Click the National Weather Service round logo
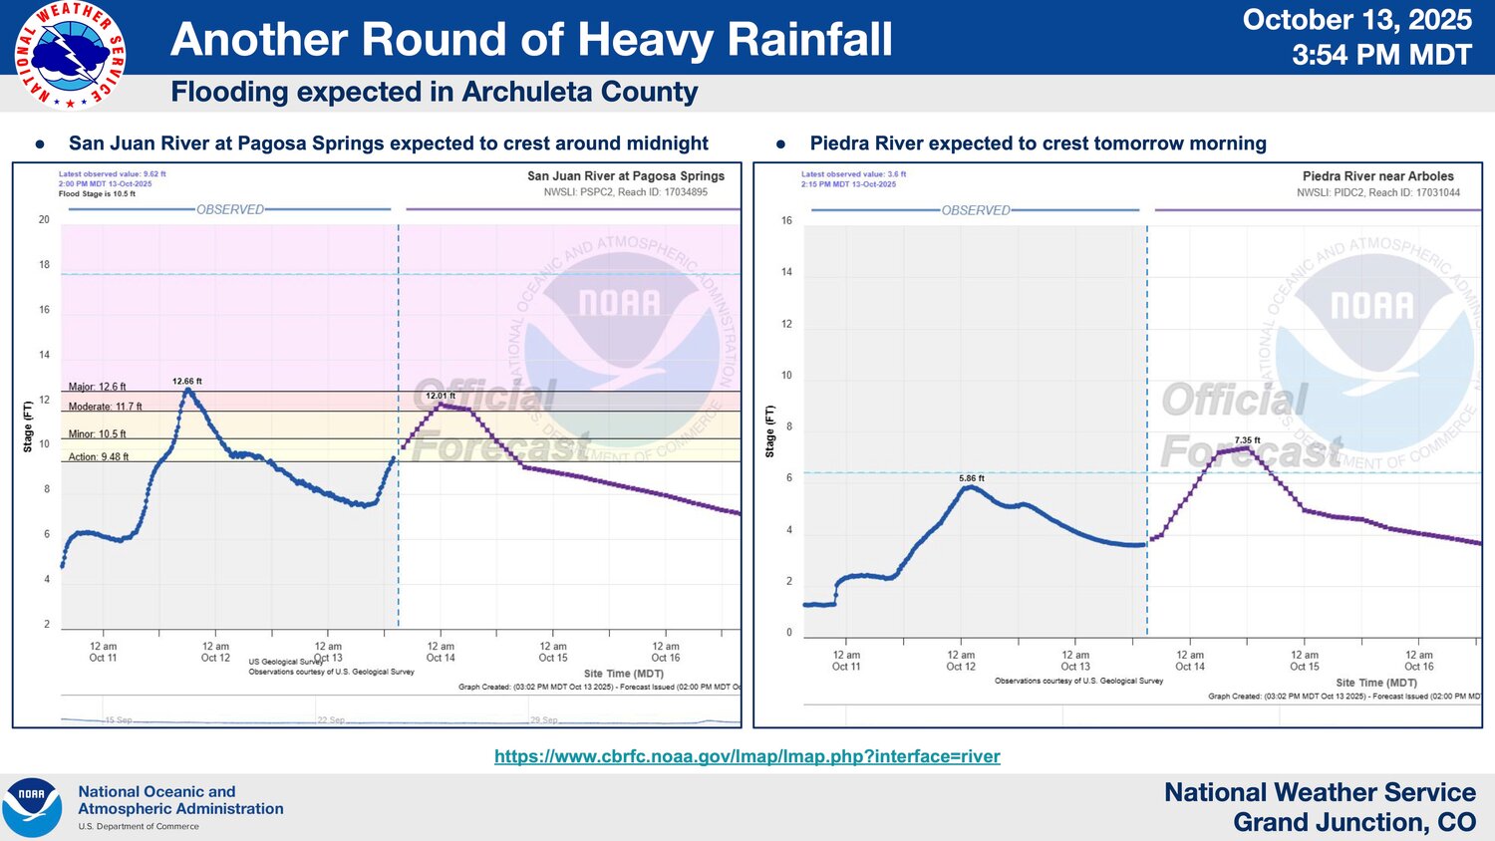[70, 55]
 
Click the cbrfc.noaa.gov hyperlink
[747, 756]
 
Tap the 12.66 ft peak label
[186, 382]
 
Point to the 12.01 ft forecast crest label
[441, 396]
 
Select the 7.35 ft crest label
[1247, 440]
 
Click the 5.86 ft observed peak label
[972, 478]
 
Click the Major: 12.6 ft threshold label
[98, 387]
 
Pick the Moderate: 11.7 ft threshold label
[105, 407]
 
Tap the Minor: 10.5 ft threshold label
[98, 434]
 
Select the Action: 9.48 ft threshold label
[99, 457]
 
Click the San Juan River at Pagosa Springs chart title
[626, 176]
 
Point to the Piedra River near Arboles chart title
[1377, 176]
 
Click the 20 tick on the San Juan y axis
[44, 219]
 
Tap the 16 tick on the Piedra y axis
[786, 220]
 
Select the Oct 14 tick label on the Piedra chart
[1190, 662]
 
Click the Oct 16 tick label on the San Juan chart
[666, 653]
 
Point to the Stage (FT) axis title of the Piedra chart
[769, 431]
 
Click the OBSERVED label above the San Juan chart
[230, 209]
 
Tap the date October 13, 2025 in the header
[1356, 20]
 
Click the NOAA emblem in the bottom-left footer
[32, 807]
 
